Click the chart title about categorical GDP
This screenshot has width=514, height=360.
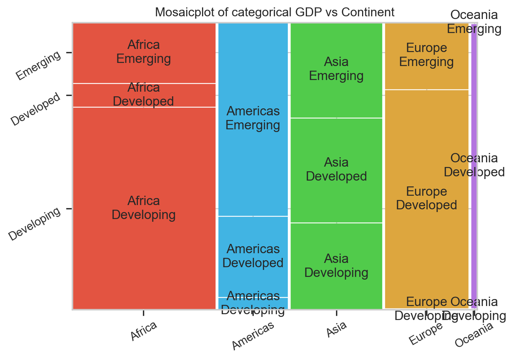point(275,12)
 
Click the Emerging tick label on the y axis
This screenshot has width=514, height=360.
point(38,65)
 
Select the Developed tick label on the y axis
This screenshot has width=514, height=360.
point(36,109)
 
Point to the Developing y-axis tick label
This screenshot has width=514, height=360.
point(35,224)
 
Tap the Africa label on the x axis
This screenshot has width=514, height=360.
point(144,331)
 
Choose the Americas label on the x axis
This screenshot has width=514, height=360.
point(253,336)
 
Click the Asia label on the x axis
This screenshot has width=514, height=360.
point(336,329)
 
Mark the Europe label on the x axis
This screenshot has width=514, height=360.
point(426,334)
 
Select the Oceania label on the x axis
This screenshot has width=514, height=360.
point(474,335)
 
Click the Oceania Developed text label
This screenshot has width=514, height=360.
point(474,165)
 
